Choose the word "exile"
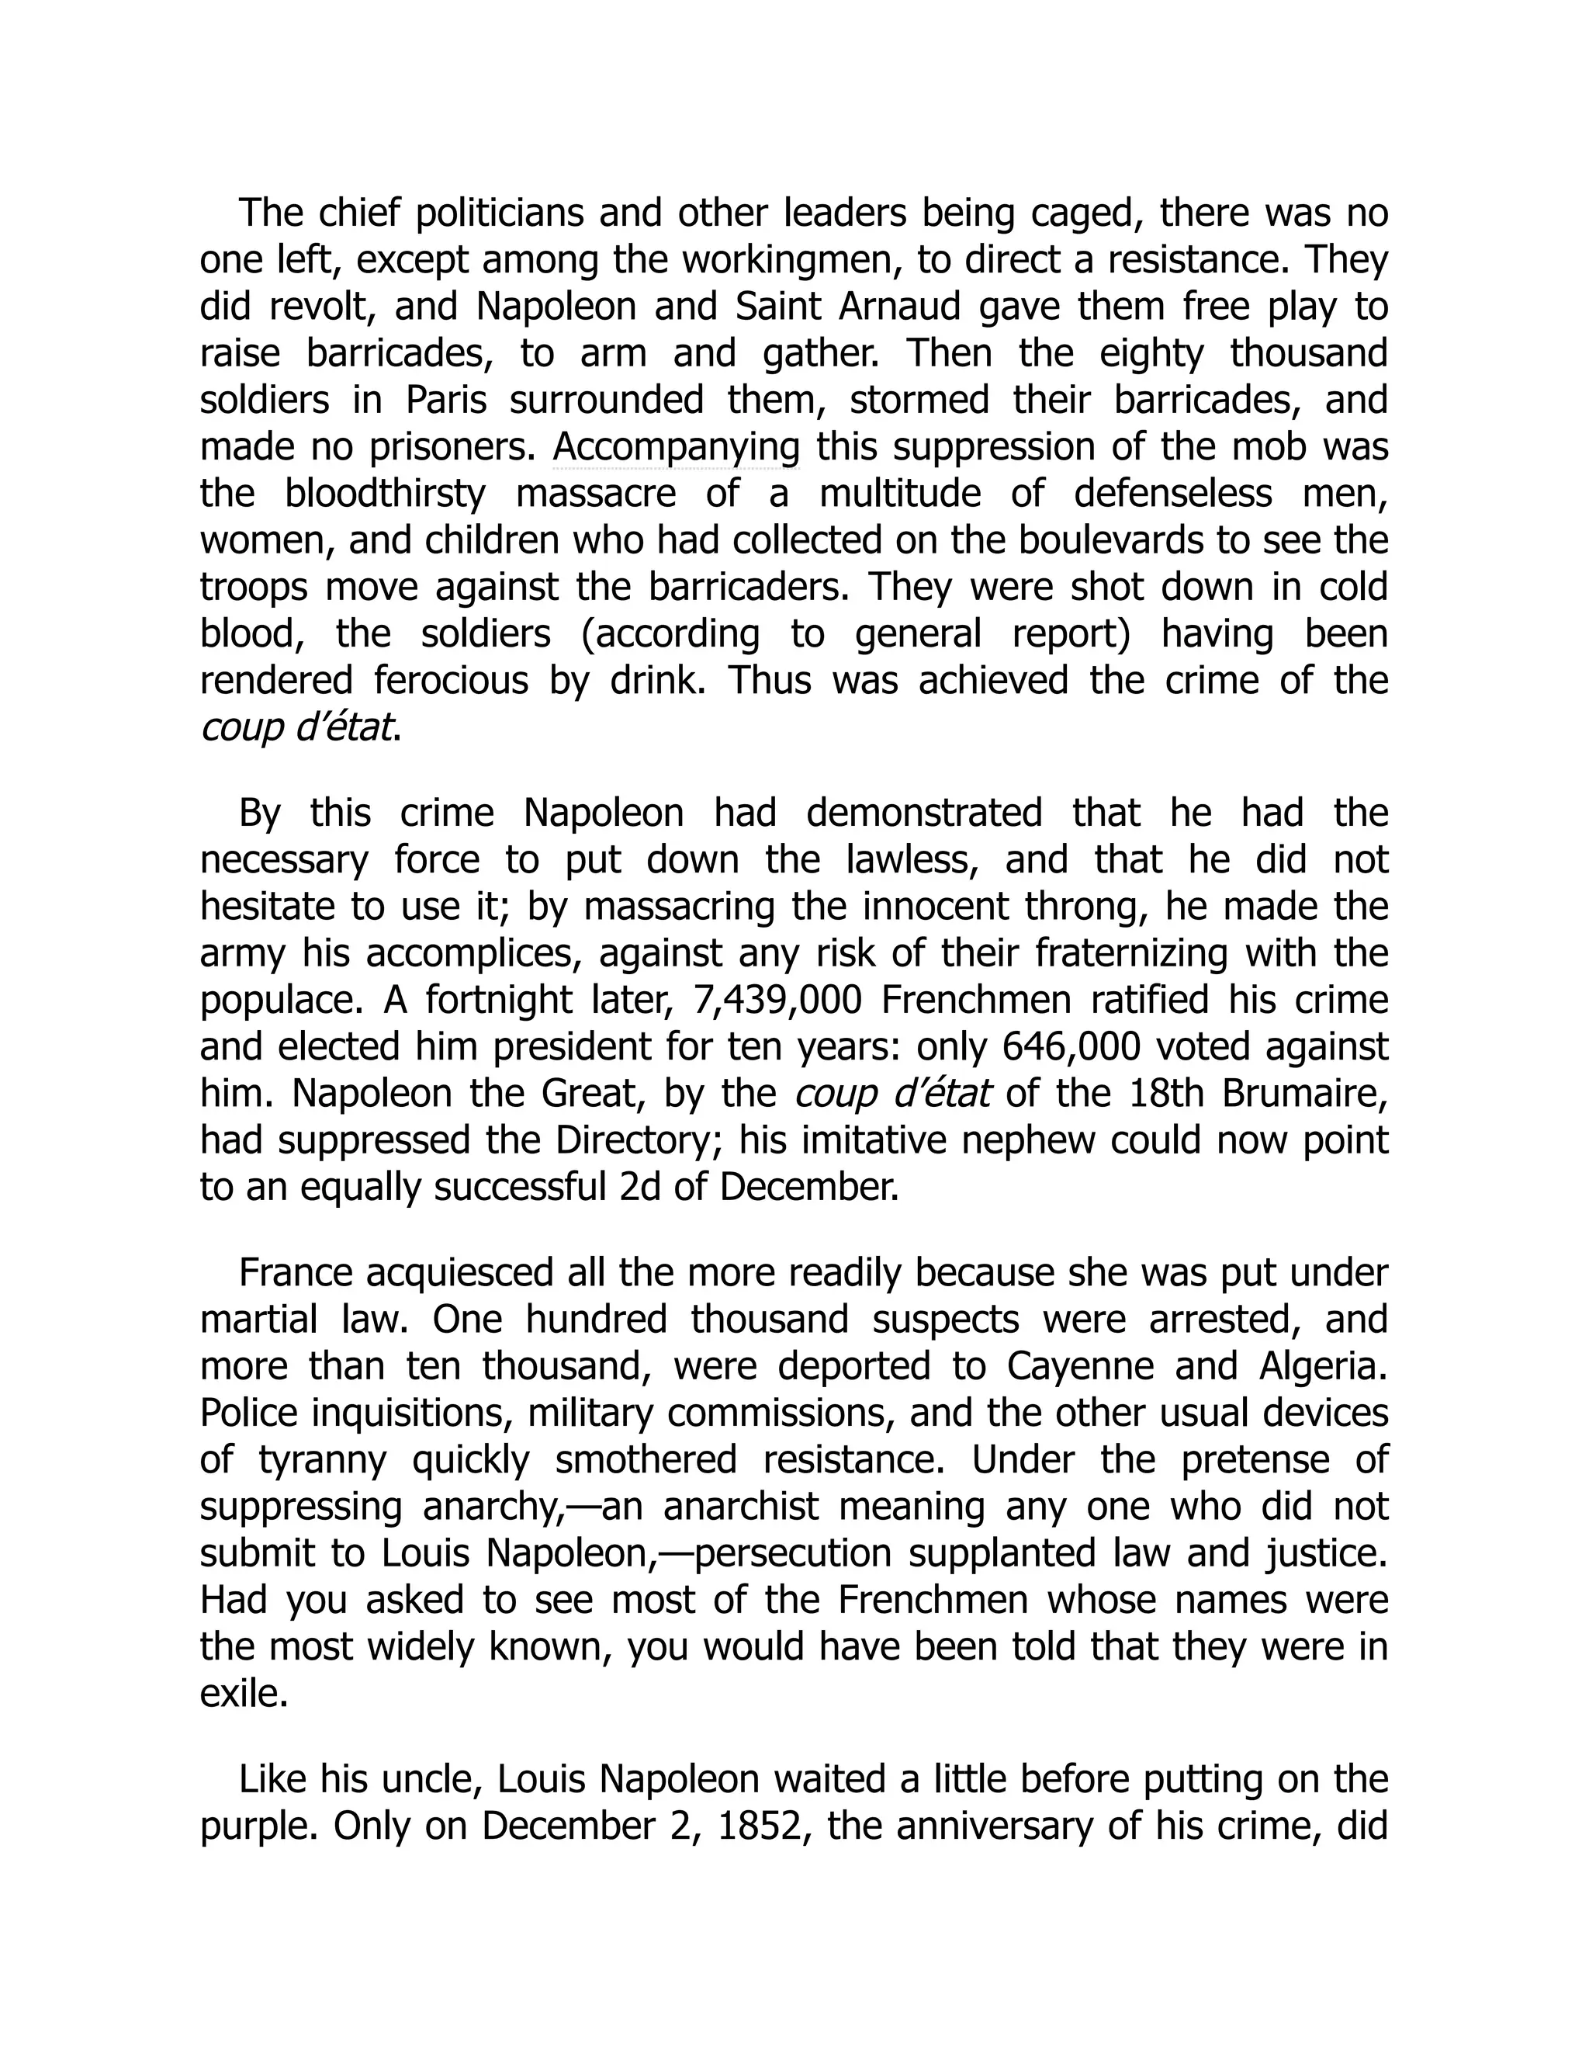pyautogui.click(x=243, y=1695)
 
